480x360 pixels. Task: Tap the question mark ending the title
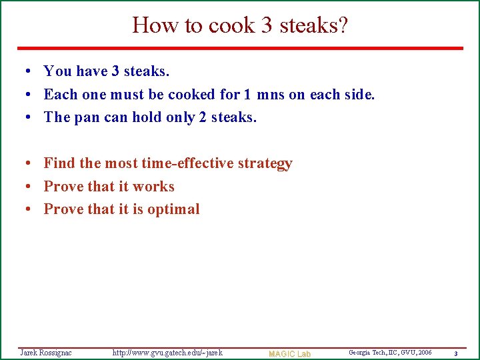(343, 25)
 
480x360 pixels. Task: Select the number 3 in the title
(267, 25)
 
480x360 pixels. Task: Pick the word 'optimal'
(173, 209)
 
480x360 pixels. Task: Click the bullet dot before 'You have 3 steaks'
(23, 71)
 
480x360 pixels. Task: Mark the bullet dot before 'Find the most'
(23, 164)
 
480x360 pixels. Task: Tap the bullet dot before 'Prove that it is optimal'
(23, 210)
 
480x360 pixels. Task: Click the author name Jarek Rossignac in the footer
(46, 352)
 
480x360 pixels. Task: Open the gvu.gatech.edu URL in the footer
(167, 352)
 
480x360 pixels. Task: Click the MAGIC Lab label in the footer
(289, 353)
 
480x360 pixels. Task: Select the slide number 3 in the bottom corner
(455, 353)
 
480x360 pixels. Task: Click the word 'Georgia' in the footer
(361, 352)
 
